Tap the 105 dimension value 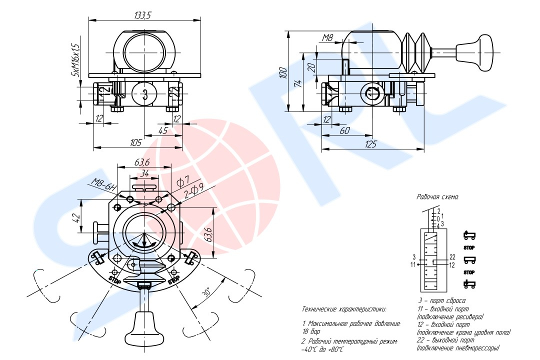(x=135, y=142)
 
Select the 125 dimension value (x=370, y=144)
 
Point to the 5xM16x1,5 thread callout (x=75, y=59)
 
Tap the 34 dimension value (x=144, y=173)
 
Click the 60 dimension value (x=344, y=130)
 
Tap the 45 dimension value (x=163, y=130)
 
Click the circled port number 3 (x=145, y=93)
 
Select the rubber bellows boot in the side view (x=416, y=52)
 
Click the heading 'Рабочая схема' (x=437, y=197)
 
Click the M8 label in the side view (x=327, y=38)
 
